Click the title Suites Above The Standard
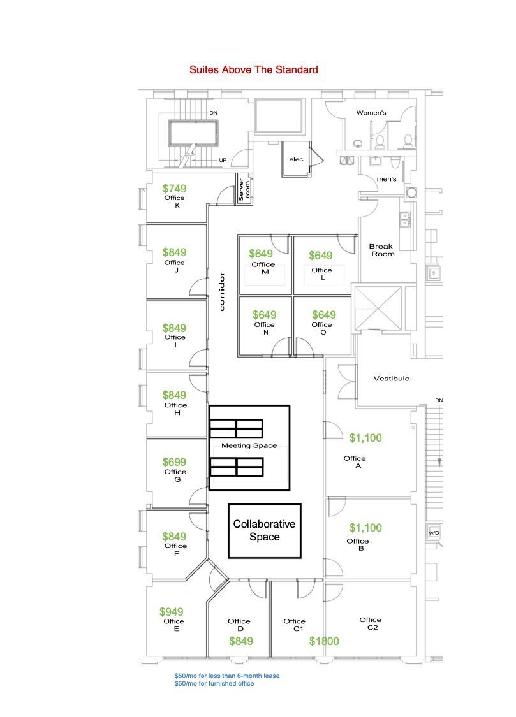(x=253, y=69)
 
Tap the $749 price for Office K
(x=174, y=189)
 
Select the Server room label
(x=244, y=189)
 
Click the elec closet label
(x=296, y=159)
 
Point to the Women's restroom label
(x=371, y=112)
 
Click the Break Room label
(x=382, y=250)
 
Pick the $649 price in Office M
(x=261, y=253)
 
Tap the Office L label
(x=321, y=273)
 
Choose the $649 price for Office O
(x=324, y=315)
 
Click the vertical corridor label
(x=222, y=292)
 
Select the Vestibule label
(x=392, y=378)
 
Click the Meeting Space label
(x=249, y=445)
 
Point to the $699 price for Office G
(x=174, y=462)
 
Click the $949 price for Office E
(x=171, y=611)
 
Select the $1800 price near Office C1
(x=324, y=641)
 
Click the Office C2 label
(x=371, y=623)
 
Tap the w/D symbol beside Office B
(x=434, y=533)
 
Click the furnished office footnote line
(x=214, y=684)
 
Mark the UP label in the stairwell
(x=223, y=160)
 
